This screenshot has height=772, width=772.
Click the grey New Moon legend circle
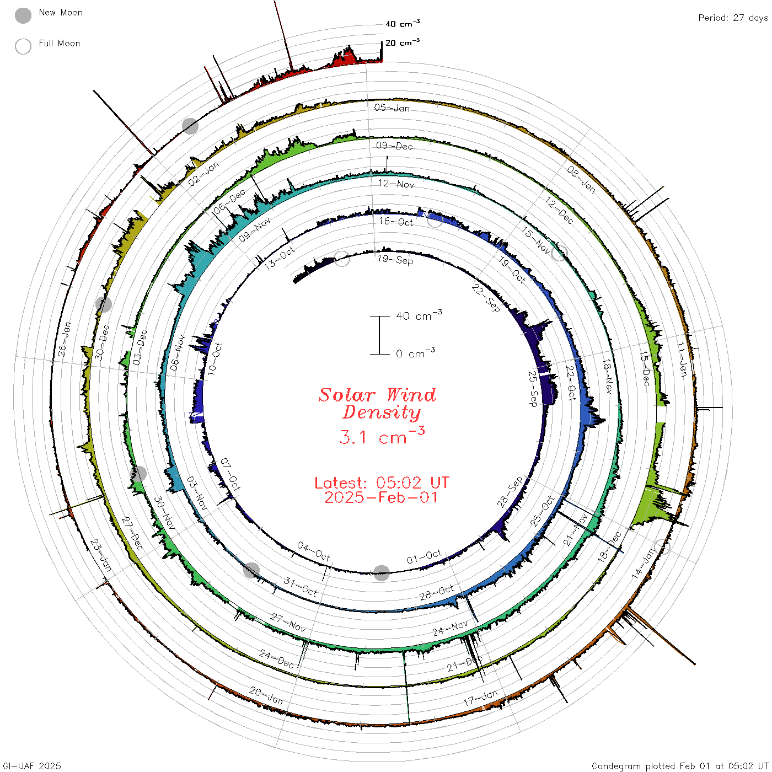tap(23, 15)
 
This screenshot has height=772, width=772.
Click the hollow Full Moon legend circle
tap(23, 46)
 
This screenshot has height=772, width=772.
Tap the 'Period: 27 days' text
tap(733, 18)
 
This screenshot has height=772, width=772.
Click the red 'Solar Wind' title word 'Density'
tap(381, 412)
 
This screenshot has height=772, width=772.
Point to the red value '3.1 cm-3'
tap(382, 436)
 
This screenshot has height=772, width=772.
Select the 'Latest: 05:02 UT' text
tap(382, 482)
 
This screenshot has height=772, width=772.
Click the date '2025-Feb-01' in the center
tap(381, 497)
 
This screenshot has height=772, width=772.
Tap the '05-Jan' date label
tap(392, 108)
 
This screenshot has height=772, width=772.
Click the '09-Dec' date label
tap(394, 146)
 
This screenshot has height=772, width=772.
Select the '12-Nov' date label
tap(396, 184)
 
